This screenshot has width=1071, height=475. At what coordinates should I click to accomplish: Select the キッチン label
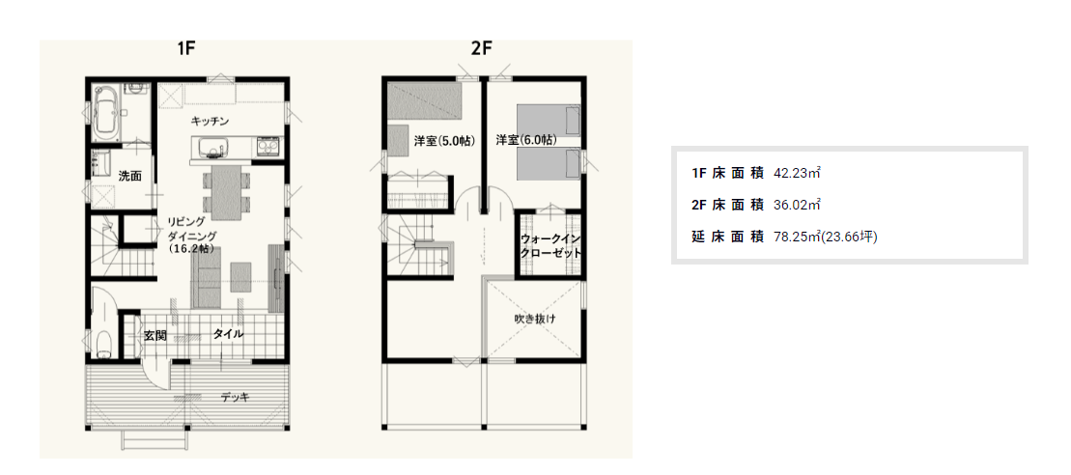(210, 122)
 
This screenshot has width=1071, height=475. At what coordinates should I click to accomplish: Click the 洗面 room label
(129, 176)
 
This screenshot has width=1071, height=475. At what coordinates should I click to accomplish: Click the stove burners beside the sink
(268, 147)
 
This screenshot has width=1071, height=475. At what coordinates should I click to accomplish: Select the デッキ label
(235, 397)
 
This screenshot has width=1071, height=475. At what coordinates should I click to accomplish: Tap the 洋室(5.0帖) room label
(444, 141)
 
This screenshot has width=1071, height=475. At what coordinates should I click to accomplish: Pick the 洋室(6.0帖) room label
(526, 140)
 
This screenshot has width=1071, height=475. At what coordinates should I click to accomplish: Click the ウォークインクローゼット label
(550, 245)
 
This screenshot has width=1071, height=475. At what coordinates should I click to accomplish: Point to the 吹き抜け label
(535, 319)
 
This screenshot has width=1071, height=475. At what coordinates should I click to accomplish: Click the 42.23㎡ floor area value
(797, 174)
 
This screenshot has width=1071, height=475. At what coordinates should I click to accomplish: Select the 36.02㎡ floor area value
(797, 205)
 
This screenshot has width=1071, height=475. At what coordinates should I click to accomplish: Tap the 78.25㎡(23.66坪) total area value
(825, 237)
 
